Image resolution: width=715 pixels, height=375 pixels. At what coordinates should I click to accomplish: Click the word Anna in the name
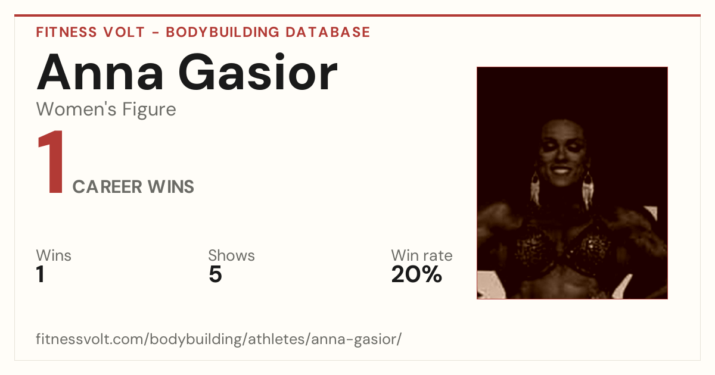coord(100,73)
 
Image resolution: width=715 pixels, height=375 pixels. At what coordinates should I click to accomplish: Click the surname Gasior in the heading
coord(258,73)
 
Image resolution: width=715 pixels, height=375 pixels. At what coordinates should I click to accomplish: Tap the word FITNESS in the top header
coord(66,32)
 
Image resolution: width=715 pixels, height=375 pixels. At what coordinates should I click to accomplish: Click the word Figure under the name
coord(149,110)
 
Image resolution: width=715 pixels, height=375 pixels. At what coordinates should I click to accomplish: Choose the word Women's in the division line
coord(77,109)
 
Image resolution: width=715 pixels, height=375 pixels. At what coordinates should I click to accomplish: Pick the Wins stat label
coord(54,255)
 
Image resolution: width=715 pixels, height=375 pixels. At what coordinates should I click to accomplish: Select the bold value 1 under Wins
coord(41,274)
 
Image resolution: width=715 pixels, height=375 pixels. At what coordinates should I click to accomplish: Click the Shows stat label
coord(231,255)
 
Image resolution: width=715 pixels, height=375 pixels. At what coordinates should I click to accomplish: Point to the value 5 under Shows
coord(215,274)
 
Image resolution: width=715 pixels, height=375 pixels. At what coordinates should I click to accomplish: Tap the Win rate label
coord(422,255)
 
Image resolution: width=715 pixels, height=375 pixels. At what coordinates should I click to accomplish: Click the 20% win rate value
coord(417,274)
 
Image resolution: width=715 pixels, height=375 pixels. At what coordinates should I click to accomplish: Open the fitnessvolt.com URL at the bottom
coord(219,339)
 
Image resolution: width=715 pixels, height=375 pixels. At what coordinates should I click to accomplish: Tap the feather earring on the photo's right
coord(587,190)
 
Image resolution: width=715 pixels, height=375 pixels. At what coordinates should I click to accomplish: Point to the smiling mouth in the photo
coord(561,170)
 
